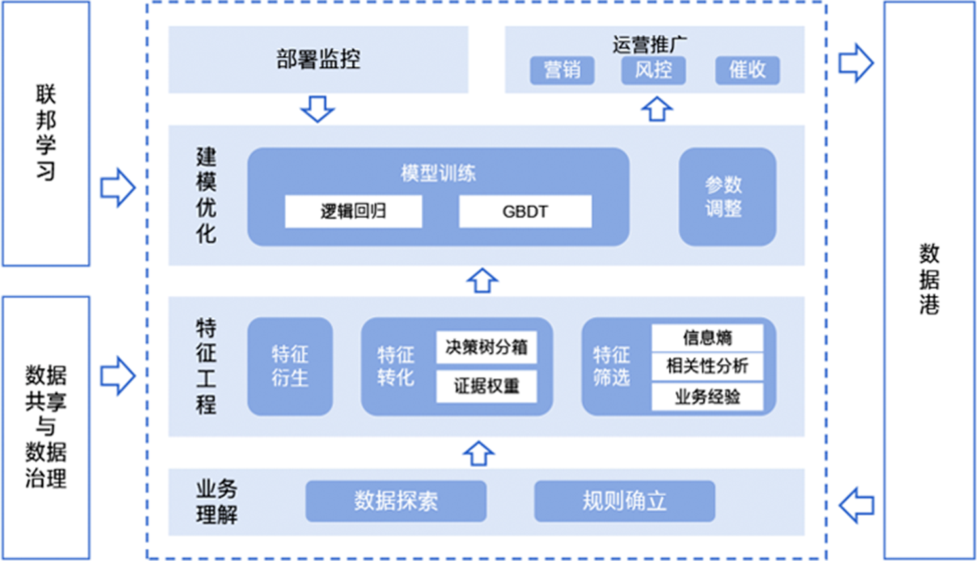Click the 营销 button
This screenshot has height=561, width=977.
click(x=562, y=70)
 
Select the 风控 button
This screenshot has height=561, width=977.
click(x=653, y=70)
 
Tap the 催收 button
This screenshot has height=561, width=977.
click(x=747, y=70)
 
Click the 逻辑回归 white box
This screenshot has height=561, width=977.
click(x=353, y=211)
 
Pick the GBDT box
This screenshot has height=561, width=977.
click(x=525, y=211)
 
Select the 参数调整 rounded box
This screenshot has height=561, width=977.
click(x=727, y=197)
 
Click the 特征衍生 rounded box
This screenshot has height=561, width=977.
click(x=289, y=366)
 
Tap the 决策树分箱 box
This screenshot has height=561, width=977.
click(x=487, y=347)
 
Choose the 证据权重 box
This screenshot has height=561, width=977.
click(x=487, y=386)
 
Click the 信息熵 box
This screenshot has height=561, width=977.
click(x=707, y=338)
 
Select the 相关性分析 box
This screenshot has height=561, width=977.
click(x=707, y=366)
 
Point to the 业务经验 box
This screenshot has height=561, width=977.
click(x=707, y=397)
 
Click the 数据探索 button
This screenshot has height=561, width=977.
click(x=396, y=501)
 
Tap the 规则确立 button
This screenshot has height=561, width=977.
click(x=624, y=501)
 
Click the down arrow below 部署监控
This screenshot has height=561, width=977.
click(x=318, y=109)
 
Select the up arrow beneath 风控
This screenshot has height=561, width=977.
click(x=657, y=109)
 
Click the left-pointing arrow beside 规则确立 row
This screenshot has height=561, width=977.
click(x=856, y=505)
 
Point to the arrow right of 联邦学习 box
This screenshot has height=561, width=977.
click(x=118, y=188)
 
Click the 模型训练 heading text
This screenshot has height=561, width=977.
click(x=438, y=174)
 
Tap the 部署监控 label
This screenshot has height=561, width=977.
click(x=318, y=60)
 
